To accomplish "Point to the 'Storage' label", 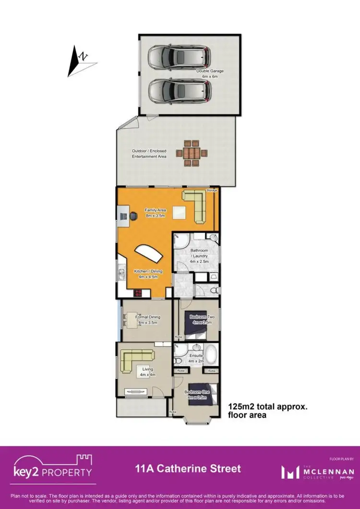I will pos(212,191).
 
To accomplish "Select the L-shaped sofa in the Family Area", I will pos(197,204).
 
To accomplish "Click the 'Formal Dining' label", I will pos(148,317).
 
